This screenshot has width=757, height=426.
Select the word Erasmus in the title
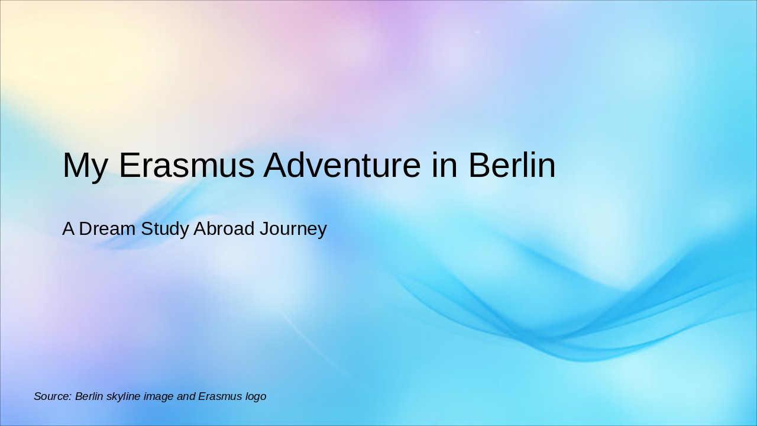click(x=186, y=166)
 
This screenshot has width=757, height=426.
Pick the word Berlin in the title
click(x=512, y=166)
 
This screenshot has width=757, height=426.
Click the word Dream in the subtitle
click(x=106, y=229)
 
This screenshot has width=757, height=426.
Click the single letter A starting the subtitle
click(x=68, y=229)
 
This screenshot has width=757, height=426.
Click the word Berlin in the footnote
click(x=89, y=396)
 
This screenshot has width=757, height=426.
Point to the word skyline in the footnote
click(x=124, y=396)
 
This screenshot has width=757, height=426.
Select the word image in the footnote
click(x=159, y=396)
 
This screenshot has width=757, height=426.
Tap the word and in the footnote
click(x=186, y=396)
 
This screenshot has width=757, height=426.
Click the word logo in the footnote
click(x=255, y=396)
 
